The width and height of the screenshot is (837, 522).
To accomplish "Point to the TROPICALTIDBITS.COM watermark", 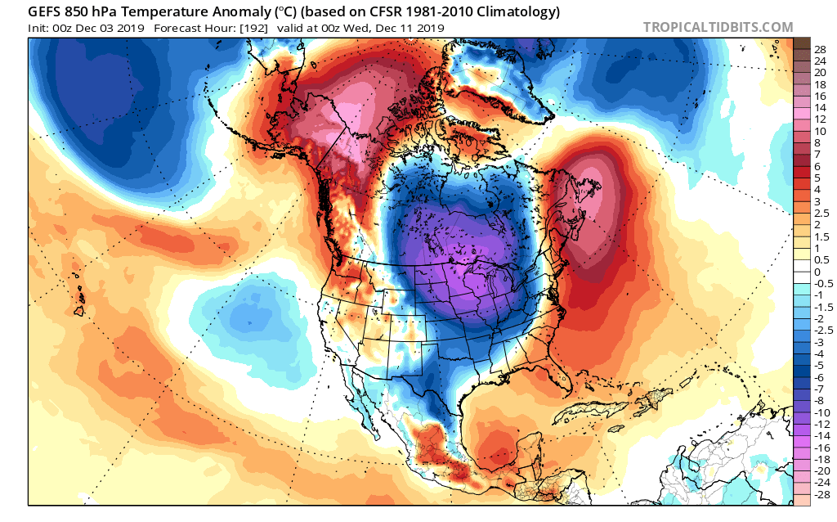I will click(718, 27).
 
